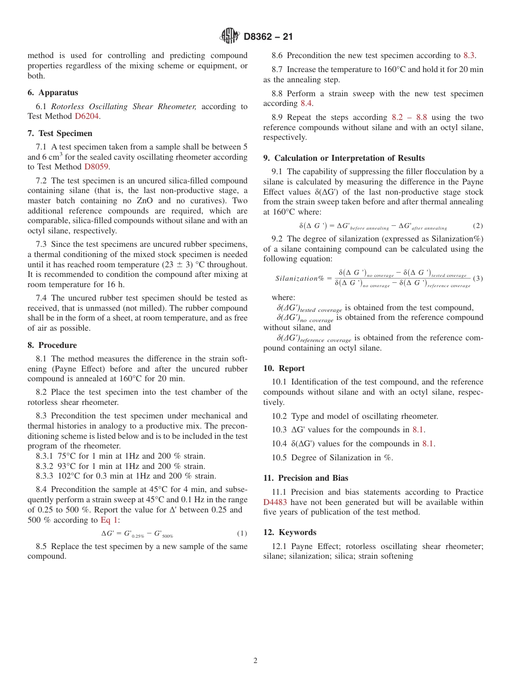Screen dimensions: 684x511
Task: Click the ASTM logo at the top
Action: [230, 36]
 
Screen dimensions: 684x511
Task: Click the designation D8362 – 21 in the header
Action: [268, 37]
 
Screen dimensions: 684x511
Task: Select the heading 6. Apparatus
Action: [53, 92]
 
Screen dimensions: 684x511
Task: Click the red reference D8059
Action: [97, 167]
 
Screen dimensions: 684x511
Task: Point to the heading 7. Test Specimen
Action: [60, 133]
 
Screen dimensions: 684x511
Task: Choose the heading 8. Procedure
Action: [52, 345]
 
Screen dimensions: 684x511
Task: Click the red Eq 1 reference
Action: [109, 519]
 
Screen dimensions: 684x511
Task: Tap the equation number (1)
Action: [242, 533]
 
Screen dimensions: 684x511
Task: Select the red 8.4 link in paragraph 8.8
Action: [306, 103]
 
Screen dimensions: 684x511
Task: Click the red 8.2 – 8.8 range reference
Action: [409, 117]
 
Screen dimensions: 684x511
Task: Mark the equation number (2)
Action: [478, 226]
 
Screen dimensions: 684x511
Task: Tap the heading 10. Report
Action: [284, 368]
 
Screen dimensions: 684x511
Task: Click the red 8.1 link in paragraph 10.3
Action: [418, 429]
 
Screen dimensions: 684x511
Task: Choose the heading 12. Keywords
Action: [289, 532]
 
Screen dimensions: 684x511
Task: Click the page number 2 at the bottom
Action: [256, 661]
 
